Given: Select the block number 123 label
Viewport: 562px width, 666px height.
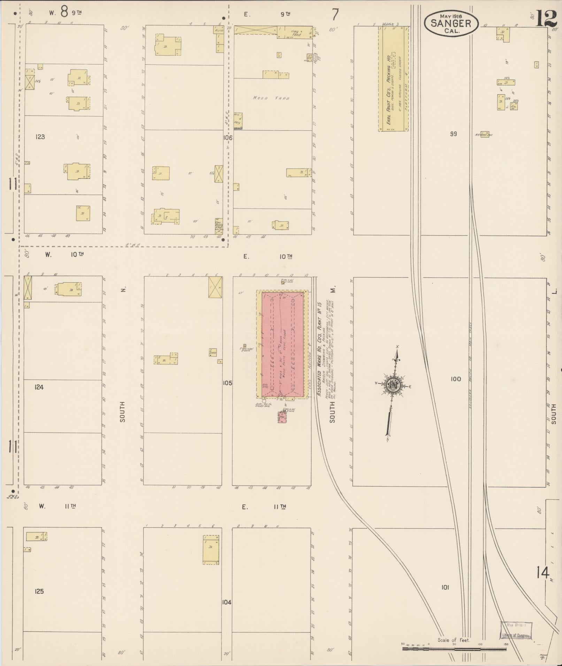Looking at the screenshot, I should pos(40,137).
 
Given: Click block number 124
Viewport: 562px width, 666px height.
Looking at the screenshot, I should pos(39,387).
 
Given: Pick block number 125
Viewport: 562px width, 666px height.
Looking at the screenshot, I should pos(39,591).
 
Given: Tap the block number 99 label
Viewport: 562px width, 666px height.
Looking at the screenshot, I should pos(453,134).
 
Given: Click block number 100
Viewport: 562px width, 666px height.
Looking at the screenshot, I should pos(456,379).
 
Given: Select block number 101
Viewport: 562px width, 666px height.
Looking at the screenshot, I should pos(445,587).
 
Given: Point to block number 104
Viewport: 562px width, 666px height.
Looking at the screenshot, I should pos(227,602).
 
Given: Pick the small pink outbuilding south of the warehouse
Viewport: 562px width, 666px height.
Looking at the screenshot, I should pos(282,417).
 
